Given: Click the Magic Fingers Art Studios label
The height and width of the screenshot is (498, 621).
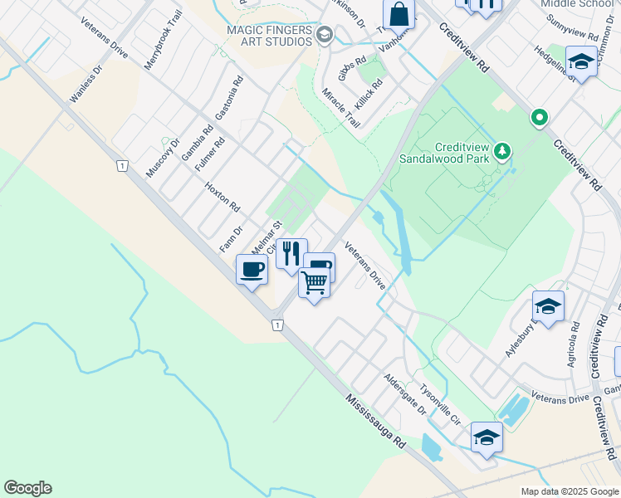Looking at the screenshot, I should [x=269, y=37].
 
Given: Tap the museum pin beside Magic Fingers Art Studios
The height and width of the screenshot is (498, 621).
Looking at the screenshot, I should [x=324, y=35].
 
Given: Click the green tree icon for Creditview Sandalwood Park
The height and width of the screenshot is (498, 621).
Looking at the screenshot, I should [x=501, y=151].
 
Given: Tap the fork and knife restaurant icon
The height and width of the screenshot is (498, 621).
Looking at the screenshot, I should [x=291, y=252].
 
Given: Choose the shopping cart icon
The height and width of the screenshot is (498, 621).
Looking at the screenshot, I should [x=314, y=283].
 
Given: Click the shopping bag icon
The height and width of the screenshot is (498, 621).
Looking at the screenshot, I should [x=399, y=14].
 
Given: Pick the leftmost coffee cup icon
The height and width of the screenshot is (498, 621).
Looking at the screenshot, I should [x=252, y=269].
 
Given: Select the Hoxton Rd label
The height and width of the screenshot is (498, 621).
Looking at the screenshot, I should [x=222, y=197].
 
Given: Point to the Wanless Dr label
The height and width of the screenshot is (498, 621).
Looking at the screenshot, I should [x=85, y=84].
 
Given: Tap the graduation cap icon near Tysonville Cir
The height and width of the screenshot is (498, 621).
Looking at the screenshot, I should [x=487, y=437].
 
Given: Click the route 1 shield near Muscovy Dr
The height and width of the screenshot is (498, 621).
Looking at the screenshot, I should [x=122, y=167].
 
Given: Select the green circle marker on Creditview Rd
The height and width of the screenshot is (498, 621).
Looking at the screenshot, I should [x=540, y=118].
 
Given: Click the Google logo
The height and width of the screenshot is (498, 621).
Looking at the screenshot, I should [x=27, y=488].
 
